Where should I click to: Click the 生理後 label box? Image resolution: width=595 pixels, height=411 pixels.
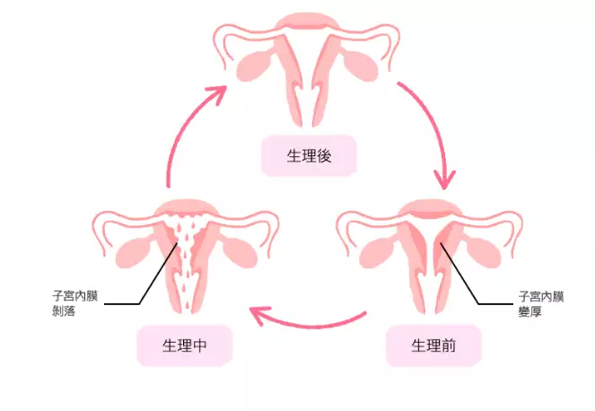point(310,156)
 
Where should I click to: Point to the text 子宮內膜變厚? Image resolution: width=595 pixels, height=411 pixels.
point(540,302)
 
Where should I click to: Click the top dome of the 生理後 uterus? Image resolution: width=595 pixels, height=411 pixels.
point(308,22)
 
